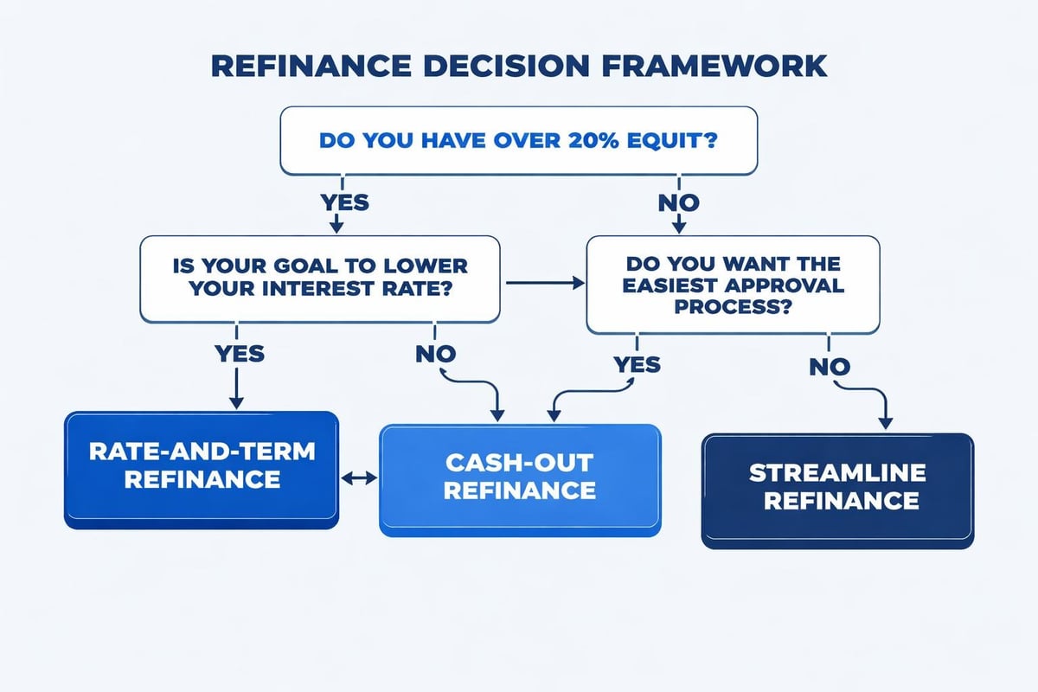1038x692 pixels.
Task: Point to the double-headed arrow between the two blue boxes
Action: (360, 477)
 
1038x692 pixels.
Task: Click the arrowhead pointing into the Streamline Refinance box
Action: (885, 424)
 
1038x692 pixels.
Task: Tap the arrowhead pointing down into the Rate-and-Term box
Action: (235, 402)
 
